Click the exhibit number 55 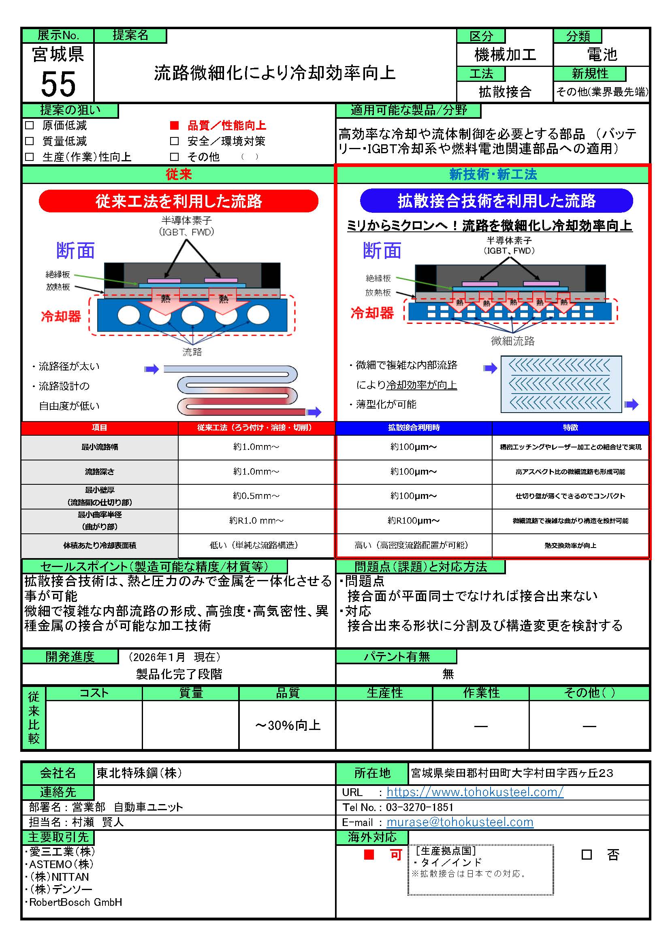pyautogui.click(x=58, y=84)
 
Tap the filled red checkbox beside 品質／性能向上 pyautogui.click(x=175, y=125)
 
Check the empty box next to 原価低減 pyautogui.click(x=29, y=125)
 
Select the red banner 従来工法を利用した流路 pyautogui.click(x=178, y=201)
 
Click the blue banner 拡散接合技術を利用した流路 pyautogui.click(x=496, y=201)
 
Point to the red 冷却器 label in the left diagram pyautogui.click(x=61, y=316)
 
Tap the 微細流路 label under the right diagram pyautogui.click(x=512, y=340)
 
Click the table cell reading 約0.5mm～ pyautogui.click(x=256, y=496)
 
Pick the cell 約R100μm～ pyautogui.click(x=414, y=521)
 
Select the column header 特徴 pyautogui.click(x=570, y=428)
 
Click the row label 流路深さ pyautogui.click(x=99, y=471)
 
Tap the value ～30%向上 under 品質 pyautogui.click(x=288, y=725)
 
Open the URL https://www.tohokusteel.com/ pyautogui.click(x=474, y=792)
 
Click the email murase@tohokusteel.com pyautogui.click(x=460, y=822)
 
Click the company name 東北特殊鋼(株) pyautogui.click(x=139, y=773)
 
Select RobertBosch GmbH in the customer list pyautogui.click(x=75, y=902)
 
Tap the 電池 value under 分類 pyautogui.click(x=602, y=54)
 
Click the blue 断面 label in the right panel pyautogui.click(x=382, y=250)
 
